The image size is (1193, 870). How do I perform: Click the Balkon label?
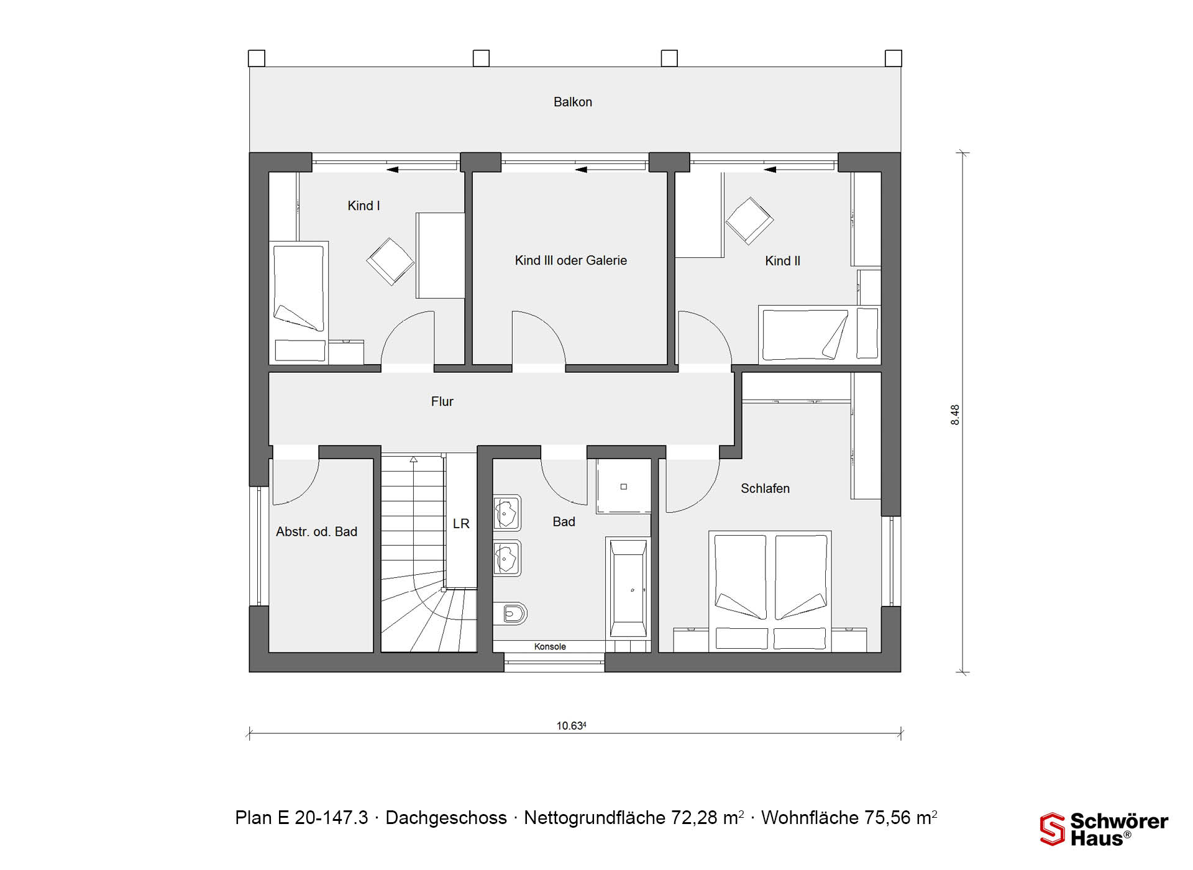click(572, 102)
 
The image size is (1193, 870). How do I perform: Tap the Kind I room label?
click(363, 206)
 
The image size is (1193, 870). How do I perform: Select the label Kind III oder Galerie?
click(570, 260)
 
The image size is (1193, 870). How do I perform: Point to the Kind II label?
click(782, 261)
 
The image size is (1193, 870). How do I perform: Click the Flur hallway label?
click(442, 401)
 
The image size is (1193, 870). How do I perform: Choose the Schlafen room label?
click(765, 488)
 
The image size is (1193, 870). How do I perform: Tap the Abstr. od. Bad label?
click(316, 531)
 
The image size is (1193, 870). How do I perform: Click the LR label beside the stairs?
click(461, 524)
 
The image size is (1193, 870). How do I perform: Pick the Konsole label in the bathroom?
click(550, 647)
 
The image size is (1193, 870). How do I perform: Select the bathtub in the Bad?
click(628, 588)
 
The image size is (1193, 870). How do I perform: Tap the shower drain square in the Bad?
click(624, 487)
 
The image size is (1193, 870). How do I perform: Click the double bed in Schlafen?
click(770, 591)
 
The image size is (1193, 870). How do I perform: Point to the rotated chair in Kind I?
click(390, 262)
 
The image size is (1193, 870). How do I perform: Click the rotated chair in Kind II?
click(749, 221)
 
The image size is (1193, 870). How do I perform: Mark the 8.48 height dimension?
click(955, 414)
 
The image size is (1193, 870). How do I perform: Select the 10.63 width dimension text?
click(571, 725)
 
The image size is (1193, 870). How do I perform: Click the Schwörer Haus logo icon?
click(1053, 829)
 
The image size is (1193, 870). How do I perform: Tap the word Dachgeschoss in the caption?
click(446, 818)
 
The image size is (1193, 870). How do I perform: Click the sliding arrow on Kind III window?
click(581, 169)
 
